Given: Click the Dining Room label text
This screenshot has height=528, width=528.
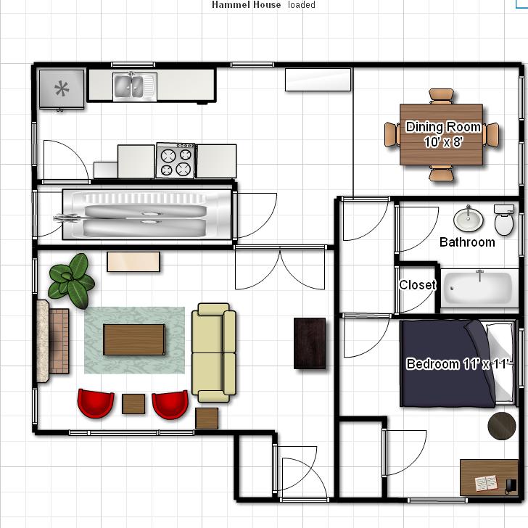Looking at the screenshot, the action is pyautogui.click(x=443, y=127).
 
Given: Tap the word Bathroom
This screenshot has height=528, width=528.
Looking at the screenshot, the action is pyautogui.click(x=467, y=242).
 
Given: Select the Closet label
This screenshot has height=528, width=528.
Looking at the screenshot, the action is pyautogui.click(x=417, y=285).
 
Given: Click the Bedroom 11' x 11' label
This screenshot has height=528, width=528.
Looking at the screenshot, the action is pyautogui.click(x=459, y=364).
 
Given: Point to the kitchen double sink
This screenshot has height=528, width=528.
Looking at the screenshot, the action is pyautogui.click(x=128, y=86).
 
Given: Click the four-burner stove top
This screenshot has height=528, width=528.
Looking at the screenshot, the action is pyautogui.click(x=176, y=160).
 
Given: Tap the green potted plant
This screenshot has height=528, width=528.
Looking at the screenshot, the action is pyautogui.click(x=71, y=281).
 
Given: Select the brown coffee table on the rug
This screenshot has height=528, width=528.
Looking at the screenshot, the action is pyautogui.click(x=134, y=339).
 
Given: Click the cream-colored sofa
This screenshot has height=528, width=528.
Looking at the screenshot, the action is pyautogui.click(x=213, y=352).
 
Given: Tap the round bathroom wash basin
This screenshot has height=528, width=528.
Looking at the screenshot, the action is pyautogui.click(x=468, y=220).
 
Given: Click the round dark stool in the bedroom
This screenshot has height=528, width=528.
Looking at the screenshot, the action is pyautogui.click(x=502, y=426).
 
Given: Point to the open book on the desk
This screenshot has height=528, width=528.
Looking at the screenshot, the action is pyautogui.click(x=486, y=483).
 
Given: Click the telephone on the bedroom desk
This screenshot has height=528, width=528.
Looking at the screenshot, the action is pyautogui.click(x=511, y=486).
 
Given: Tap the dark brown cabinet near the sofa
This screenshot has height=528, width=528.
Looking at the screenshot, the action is pyautogui.click(x=310, y=343).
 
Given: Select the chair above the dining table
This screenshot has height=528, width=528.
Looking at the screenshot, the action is pyautogui.click(x=441, y=96).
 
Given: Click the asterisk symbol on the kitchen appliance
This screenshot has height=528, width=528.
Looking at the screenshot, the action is pyautogui.click(x=62, y=88).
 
